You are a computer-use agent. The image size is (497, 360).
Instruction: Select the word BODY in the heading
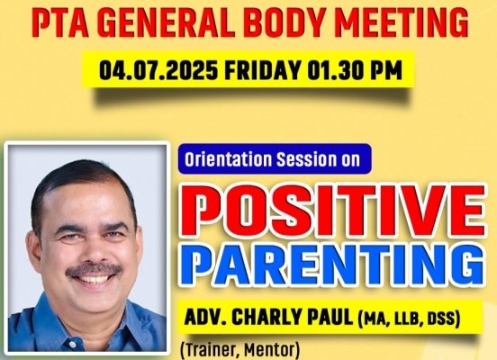[285, 23]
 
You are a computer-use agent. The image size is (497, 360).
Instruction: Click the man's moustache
[95, 269]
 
